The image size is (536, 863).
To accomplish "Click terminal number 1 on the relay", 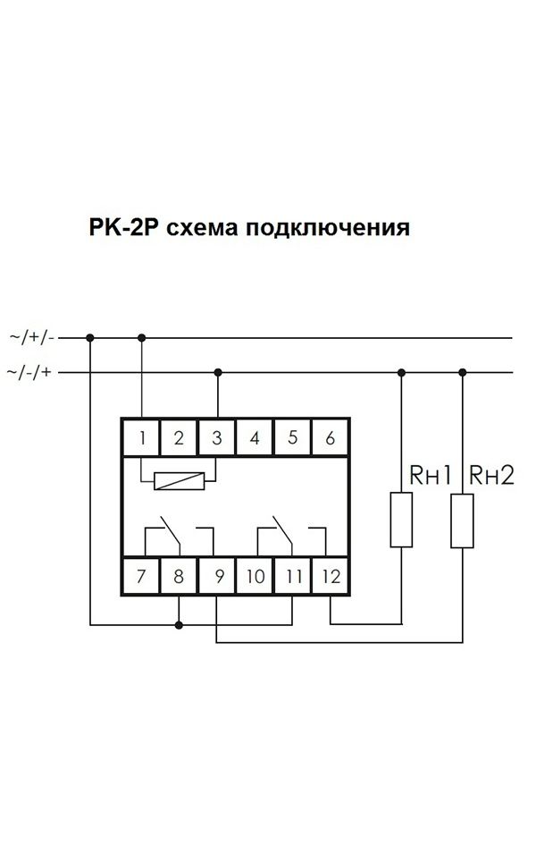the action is pyautogui.click(x=141, y=438).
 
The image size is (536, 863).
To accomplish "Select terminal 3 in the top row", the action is pyautogui.click(x=216, y=438).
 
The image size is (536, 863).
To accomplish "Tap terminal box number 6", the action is pyautogui.click(x=330, y=438).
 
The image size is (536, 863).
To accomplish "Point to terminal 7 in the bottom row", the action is pyautogui.click(x=141, y=576).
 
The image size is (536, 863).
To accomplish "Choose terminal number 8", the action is pyautogui.click(x=179, y=576).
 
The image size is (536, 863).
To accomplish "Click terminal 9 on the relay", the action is pyautogui.click(x=216, y=576).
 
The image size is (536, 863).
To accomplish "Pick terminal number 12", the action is pyautogui.click(x=330, y=576).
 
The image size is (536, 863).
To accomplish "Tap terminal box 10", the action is pyautogui.click(x=255, y=576).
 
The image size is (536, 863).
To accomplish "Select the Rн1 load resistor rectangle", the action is pyautogui.click(x=401, y=520).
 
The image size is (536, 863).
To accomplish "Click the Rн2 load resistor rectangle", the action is pyautogui.click(x=463, y=520).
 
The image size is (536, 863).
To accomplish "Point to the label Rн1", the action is pyautogui.click(x=431, y=475).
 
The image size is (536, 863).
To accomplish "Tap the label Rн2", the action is pyautogui.click(x=491, y=475).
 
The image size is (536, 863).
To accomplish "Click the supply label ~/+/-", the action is pyautogui.click(x=32, y=337).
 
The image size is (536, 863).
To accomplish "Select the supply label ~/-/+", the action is pyautogui.click(x=29, y=372).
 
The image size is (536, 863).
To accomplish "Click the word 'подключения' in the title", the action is pyautogui.click(x=328, y=227).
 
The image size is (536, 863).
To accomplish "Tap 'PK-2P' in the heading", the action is pyautogui.click(x=123, y=227).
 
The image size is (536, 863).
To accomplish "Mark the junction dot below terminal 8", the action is pyautogui.click(x=179, y=625).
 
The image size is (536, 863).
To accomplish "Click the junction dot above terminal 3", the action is pyautogui.click(x=218, y=373).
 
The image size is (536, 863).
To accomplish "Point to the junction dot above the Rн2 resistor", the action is pyautogui.click(x=463, y=373).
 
